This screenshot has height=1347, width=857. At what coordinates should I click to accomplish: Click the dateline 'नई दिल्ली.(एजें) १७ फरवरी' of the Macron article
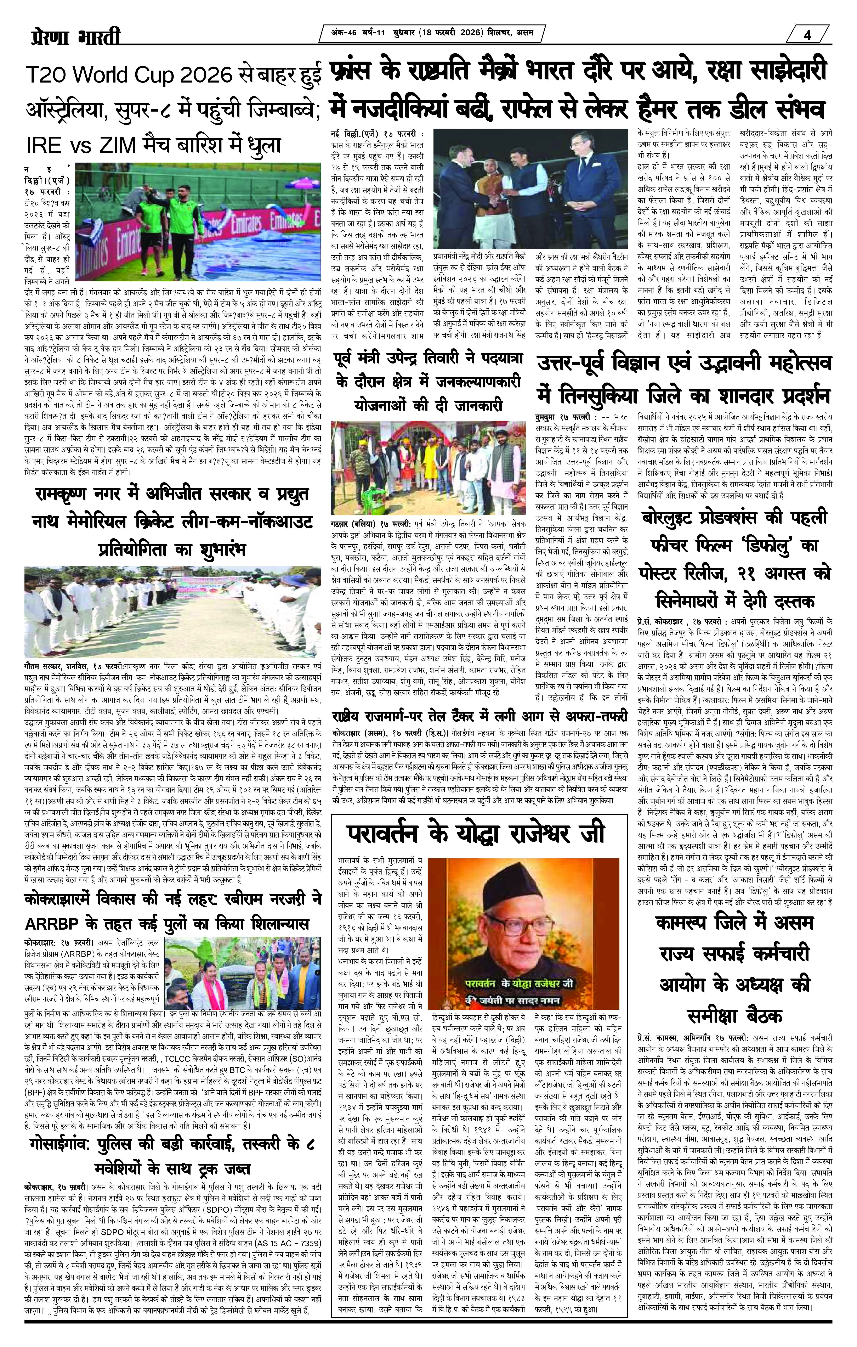(x=378, y=134)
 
